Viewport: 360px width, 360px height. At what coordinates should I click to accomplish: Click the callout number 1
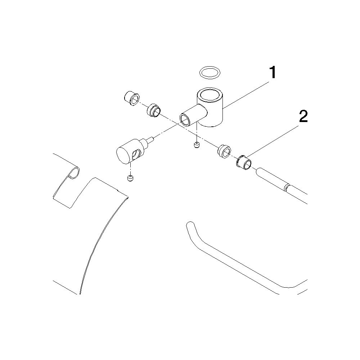coord(273,72)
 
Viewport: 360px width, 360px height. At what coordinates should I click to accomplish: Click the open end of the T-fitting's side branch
coord(185,120)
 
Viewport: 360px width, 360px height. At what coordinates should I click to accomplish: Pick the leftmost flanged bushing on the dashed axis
coord(131,99)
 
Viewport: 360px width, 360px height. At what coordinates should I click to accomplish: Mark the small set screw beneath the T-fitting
coord(196,145)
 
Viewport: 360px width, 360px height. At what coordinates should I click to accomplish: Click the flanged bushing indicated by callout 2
coord(244,162)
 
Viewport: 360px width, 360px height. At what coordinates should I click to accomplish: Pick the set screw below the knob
coord(130,178)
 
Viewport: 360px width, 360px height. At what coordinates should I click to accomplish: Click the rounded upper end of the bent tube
coord(189,225)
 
